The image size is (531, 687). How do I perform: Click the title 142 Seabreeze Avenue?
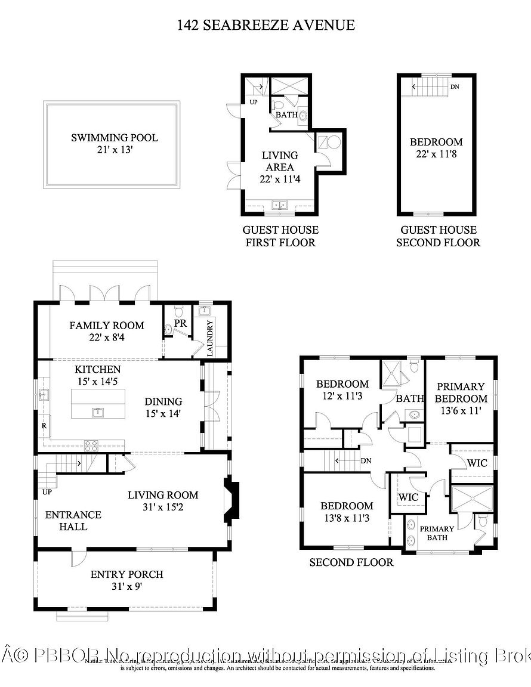(x=265, y=25)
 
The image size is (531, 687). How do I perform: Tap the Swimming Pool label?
(x=115, y=138)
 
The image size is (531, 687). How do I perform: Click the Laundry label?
(x=210, y=338)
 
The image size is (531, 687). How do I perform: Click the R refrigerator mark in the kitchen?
(x=44, y=426)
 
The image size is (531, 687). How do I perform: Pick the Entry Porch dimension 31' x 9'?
(x=126, y=586)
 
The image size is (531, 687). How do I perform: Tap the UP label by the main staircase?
(x=47, y=493)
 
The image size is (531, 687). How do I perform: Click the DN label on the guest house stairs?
(x=455, y=87)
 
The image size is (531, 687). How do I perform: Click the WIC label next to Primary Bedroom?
(x=477, y=463)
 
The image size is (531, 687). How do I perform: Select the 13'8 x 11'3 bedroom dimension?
(x=345, y=518)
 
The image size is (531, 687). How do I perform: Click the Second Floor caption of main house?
(x=351, y=562)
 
